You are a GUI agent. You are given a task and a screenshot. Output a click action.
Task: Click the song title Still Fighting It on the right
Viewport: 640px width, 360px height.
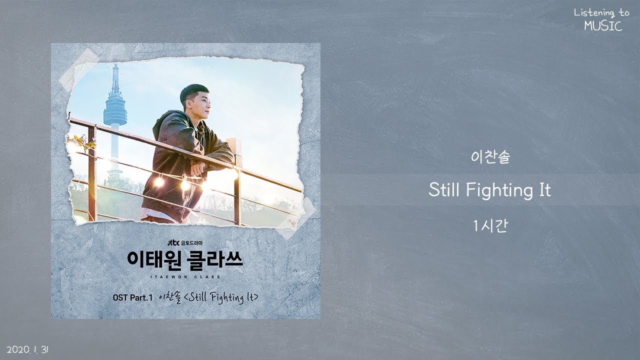489,190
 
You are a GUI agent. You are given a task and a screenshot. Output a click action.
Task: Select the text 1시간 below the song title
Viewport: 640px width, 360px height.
489,226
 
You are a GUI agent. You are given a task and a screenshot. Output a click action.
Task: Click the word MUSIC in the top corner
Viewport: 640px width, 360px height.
603,26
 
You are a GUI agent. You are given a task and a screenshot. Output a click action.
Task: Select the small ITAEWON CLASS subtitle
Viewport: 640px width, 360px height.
184,275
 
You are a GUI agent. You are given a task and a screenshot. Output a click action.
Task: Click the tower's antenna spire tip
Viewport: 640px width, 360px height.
115,65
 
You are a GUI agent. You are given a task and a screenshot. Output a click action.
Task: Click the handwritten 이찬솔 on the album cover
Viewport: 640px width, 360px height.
170,297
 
